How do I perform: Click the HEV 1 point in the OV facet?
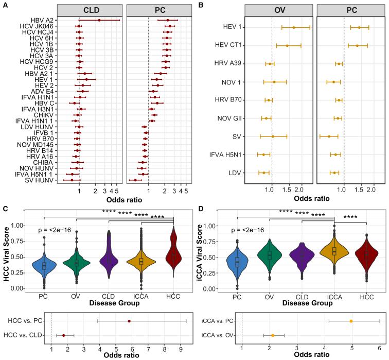[293, 28]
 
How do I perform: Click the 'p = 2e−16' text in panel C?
[58, 230]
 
